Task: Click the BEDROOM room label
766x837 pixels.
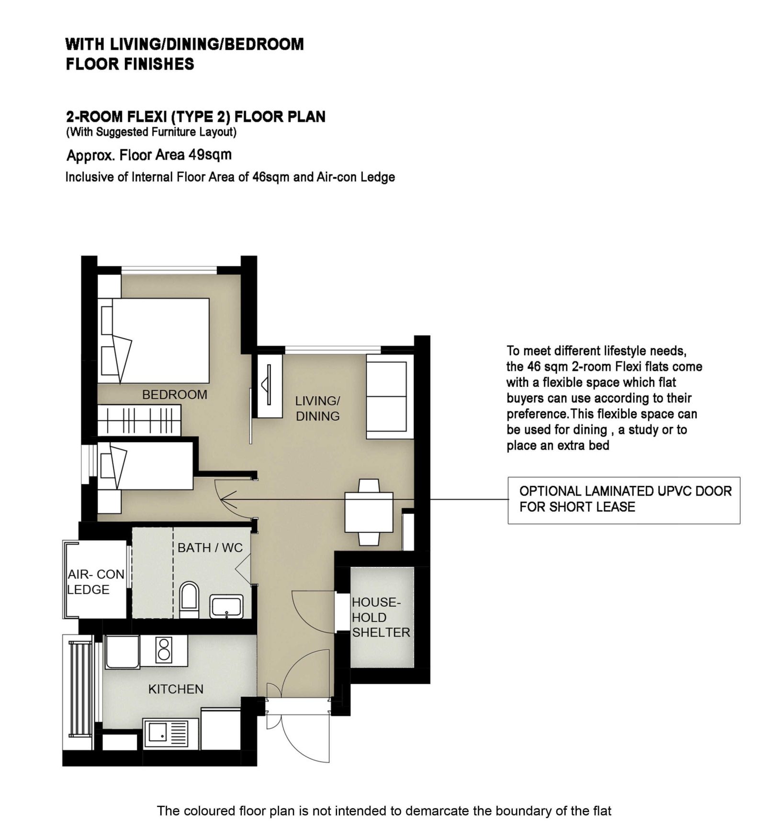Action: click(175, 394)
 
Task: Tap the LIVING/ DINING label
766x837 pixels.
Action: click(317, 408)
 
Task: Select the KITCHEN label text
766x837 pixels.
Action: click(176, 689)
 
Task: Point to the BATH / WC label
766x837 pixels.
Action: click(210, 547)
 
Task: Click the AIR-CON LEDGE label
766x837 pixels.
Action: click(96, 581)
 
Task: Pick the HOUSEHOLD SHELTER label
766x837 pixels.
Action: click(381, 617)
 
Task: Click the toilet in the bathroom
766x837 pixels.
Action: click(190, 600)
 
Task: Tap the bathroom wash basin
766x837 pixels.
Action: click(226, 606)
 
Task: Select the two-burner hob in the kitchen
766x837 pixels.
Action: click(164, 650)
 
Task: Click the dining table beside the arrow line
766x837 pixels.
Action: click(369, 512)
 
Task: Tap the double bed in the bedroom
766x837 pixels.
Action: click(154, 341)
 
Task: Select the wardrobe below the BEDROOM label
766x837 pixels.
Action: click(139, 421)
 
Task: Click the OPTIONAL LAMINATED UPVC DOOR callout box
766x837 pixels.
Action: click(624, 500)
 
